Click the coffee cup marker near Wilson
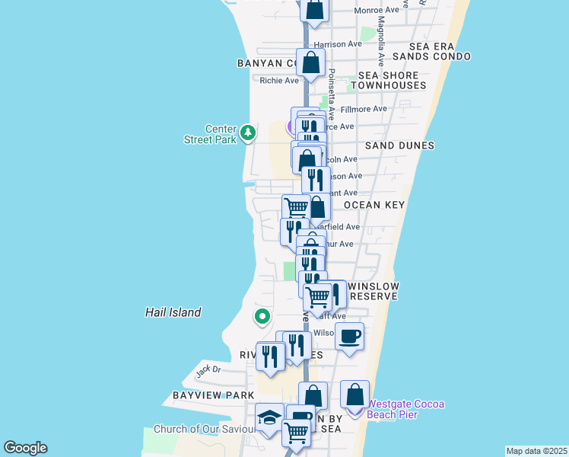tap(349, 336)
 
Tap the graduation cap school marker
tap(269, 417)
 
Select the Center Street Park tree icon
tap(247, 133)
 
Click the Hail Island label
tap(173, 312)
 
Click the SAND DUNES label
tap(399, 145)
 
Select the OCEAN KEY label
tap(374, 206)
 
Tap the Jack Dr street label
tap(208, 371)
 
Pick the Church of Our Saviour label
tap(204, 429)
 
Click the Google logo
tap(25, 448)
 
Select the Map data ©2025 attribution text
tap(536, 451)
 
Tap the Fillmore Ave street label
tap(364, 109)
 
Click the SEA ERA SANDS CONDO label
tap(431, 51)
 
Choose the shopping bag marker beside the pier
tap(354, 395)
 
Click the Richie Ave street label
tap(279, 81)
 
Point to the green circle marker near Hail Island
tap(262, 315)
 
